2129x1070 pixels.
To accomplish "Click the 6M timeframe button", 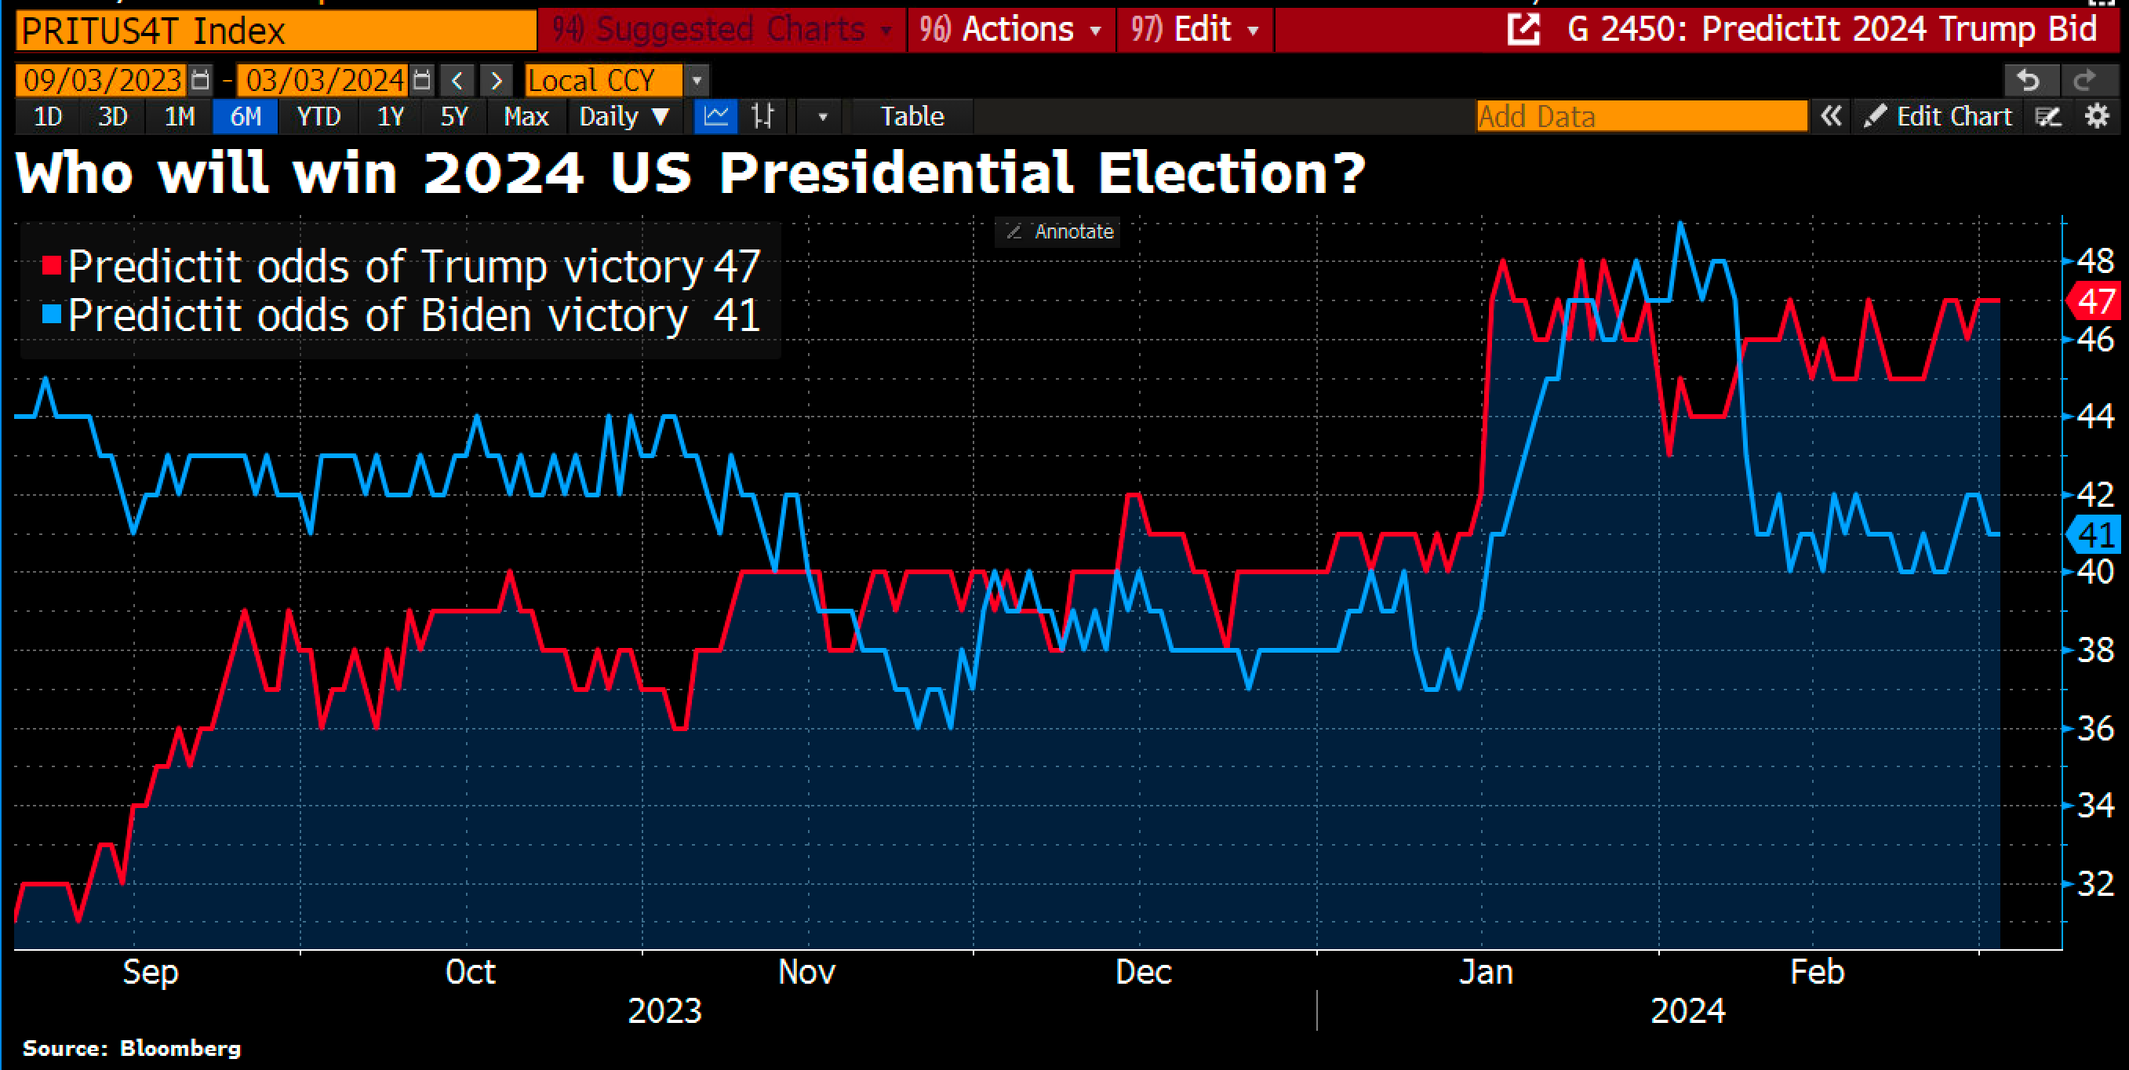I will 245,117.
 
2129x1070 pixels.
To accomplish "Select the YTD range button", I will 318,117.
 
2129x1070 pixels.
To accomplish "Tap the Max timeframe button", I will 526,117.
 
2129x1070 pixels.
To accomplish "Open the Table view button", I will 912,117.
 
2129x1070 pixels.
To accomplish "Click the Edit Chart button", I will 1939,117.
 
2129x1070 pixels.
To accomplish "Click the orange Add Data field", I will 1640,117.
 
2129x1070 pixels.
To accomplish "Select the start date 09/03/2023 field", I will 103,80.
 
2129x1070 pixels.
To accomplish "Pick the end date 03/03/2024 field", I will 325,80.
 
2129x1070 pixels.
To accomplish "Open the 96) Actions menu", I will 1010,30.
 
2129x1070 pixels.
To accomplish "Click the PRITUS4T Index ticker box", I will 275,31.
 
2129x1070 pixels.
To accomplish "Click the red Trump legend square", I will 51,265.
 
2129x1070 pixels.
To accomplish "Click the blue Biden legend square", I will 51,314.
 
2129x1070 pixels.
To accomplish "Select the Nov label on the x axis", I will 806,973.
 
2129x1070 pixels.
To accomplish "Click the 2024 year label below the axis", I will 1687,1010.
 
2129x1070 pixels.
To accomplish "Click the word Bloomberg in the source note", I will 180,1049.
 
